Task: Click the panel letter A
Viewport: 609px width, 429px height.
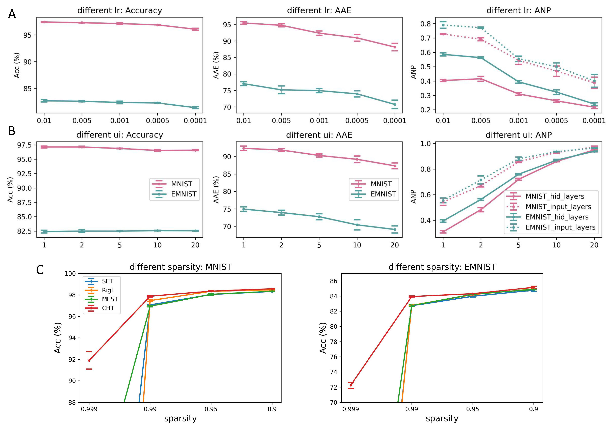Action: pyautogui.click(x=12, y=14)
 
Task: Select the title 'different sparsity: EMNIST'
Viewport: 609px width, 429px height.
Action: pyautogui.click(x=442, y=267)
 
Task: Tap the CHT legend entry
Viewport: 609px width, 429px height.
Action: pyautogui.click(x=108, y=308)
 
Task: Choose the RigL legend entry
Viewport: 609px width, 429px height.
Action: pyautogui.click(x=108, y=290)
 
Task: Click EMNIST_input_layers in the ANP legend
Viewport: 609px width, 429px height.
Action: pyautogui.click(x=560, y=227)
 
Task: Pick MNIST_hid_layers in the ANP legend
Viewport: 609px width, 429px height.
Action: pyautogui.click(x=555, y=196)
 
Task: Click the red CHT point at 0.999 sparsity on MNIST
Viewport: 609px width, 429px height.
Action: pyautogui.click(x=89, y=360)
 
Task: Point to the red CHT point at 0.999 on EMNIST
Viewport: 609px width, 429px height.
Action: pyautogui.click(x=351, y=385)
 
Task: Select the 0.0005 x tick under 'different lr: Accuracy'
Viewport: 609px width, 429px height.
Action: pyautogui.click(x=157, y=121)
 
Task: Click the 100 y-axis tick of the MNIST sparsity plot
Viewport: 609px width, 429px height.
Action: pyautogui.click(x=70, y=273)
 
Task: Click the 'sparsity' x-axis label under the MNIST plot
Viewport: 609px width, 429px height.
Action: pyautogui.click(x=180, y=419)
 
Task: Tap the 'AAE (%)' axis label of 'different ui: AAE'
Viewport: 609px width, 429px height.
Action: pyautogui.click(x=216, y=190)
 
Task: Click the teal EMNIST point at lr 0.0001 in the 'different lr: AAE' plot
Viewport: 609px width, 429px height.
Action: pyautogui.click(x=395, y=104)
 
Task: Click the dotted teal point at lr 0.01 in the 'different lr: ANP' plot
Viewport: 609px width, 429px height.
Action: pyautogui.click(x=443, y=25)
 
